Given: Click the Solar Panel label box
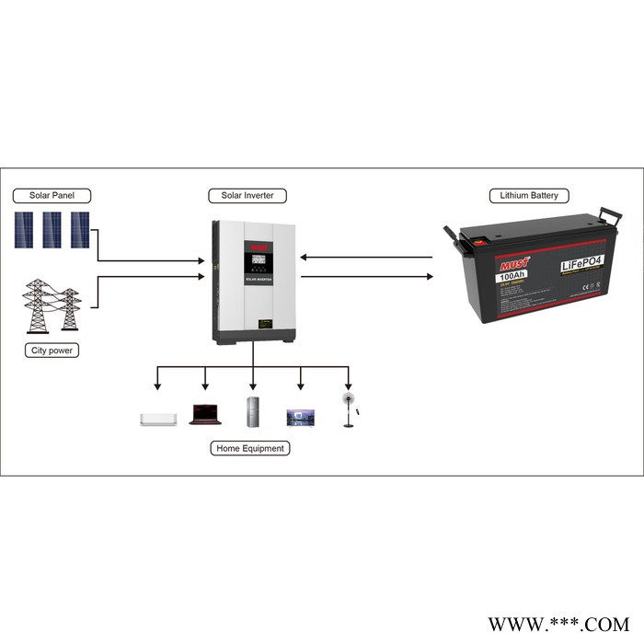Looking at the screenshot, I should [51, 195].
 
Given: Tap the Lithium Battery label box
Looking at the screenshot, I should [529, 195].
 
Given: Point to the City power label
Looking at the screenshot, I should [51, 351].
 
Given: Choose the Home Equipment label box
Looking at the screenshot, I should [250, 448].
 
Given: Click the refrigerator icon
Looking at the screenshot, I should [254, 410].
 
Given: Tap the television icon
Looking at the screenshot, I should [302, 417].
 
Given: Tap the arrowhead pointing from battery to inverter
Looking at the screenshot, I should [305, 258].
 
